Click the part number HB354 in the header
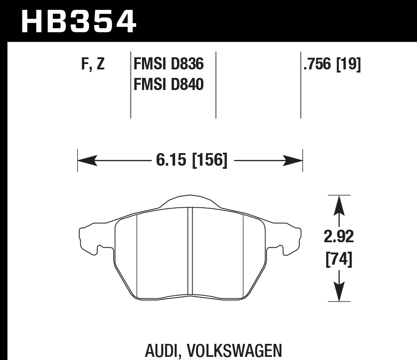click(78, 21)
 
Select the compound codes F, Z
click(93, 65)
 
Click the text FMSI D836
click(169, 65)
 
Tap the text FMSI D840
click(169, 84)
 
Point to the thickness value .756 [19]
click(332, 65)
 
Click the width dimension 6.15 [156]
click(192, 160)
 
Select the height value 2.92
click(339, 237)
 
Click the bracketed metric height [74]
click(339, 259)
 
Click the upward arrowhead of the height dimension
click(340, 204)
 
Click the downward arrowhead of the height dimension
click(340, 293)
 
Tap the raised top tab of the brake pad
click(189, 201)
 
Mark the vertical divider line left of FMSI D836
click(130, 85)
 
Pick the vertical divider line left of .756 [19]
click(301, 85)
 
